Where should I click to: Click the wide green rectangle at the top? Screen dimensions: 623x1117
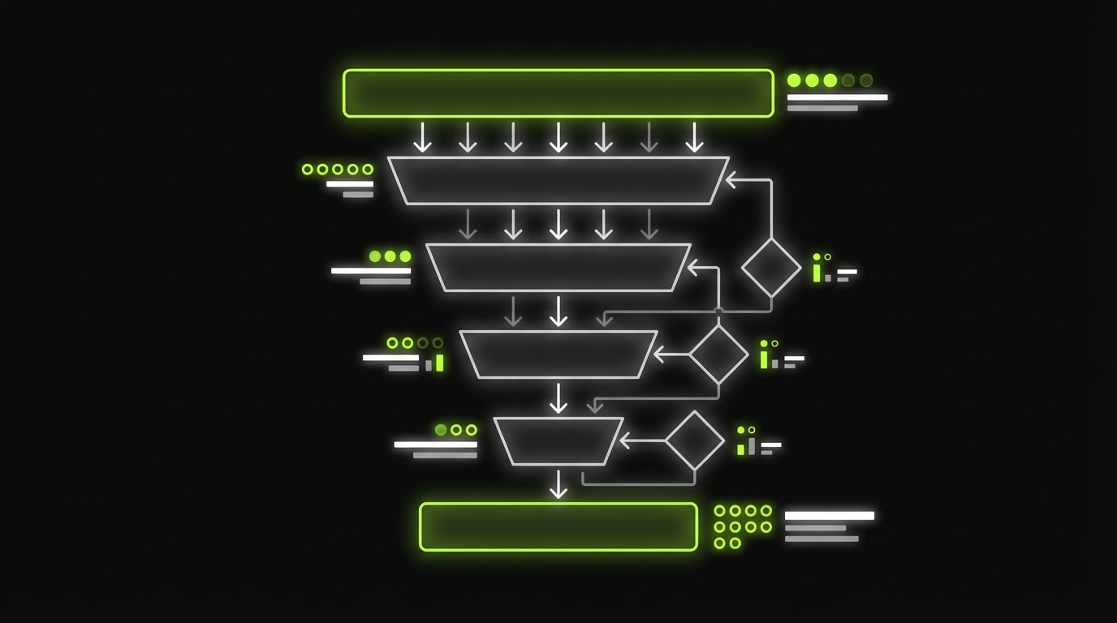[558, 93]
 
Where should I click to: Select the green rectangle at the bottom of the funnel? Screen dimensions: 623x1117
[558, 526]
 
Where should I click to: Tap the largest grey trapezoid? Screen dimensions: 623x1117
[558, 180]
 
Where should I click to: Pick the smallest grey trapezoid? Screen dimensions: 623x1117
[558, 441]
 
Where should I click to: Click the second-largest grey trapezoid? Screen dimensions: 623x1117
[558, 267]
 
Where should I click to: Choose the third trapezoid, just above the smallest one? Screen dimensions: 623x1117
[558, 354]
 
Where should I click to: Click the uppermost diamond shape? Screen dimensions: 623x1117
[771, 267]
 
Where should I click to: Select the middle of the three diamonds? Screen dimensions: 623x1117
[718, 354]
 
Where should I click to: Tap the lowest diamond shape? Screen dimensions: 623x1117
[695, 440]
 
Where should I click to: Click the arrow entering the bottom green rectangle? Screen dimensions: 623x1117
[558, 485]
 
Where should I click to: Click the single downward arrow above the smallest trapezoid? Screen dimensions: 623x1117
[558, 397]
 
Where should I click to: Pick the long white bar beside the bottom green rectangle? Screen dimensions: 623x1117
[829, 515]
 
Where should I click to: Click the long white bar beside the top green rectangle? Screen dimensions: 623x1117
[837, 97]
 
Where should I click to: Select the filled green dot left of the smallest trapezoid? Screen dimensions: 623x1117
[441, 430]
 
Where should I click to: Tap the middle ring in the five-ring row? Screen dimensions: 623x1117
[338, 170]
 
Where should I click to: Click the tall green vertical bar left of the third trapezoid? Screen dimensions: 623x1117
[440, 362]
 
